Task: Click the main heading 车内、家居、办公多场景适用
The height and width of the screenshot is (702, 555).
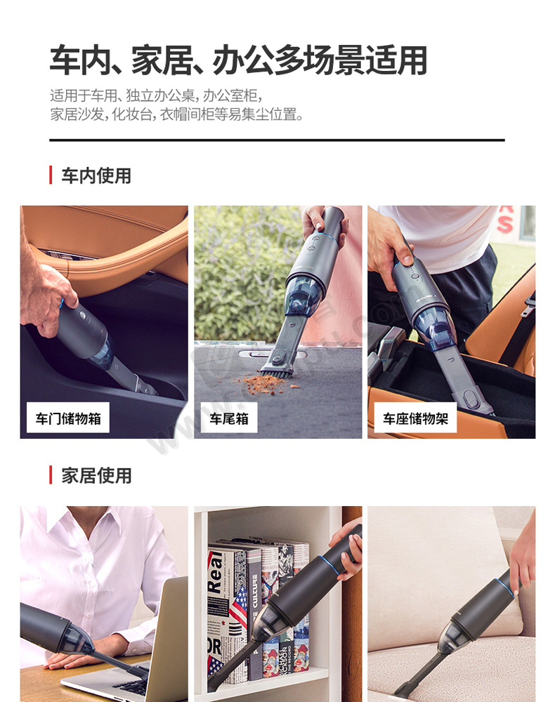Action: pos(238,60)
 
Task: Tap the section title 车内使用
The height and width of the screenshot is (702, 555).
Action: pos(96,175)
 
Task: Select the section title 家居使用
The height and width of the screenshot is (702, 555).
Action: pos(96,475)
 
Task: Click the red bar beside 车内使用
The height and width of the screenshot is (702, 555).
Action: pos(51,175)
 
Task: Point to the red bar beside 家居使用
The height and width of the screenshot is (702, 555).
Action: pos(51,475)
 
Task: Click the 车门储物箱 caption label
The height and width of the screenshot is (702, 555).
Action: pos(68,418)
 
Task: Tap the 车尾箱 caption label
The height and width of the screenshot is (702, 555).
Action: pos(229,418)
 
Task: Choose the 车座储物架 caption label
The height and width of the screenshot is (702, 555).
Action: pos(415,418)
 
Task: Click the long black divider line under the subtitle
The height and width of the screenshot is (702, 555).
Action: pos(277,140)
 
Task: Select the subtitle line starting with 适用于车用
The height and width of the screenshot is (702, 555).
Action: pos(155,95)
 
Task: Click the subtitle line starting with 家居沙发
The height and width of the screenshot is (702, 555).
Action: pos(176,114)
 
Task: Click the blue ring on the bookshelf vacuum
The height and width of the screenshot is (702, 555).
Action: pos(331,567)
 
